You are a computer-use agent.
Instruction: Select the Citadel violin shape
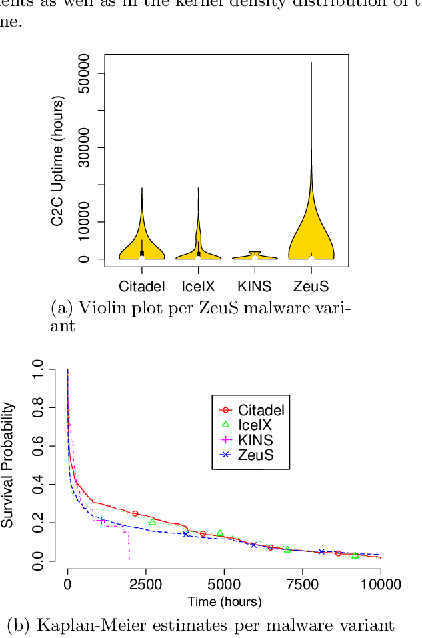pos(142,247)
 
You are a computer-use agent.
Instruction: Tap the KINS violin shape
pos(255,256)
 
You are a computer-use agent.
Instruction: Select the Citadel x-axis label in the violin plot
pos(142,286)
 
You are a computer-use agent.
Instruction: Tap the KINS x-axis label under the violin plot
pos(255,286)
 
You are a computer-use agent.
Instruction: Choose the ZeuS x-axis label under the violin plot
pos(311,286)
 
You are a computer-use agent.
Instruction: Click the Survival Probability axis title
pos(8,465)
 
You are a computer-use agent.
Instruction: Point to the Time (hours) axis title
pos(224,601)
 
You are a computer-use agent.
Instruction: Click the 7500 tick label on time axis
pos(303,585)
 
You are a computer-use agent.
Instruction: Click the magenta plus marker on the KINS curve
pos(101,521)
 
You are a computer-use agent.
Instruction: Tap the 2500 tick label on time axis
pos(145,585)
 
